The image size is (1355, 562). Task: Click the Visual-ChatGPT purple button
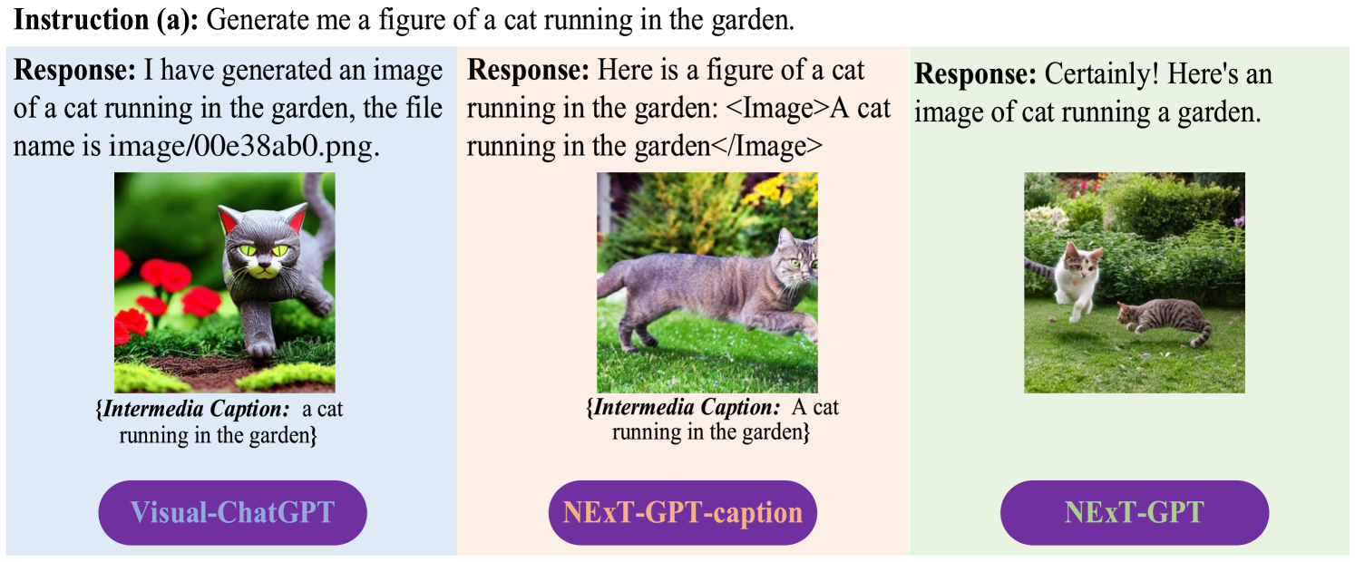(x=232, y=512)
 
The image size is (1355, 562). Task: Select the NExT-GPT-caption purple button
(x=682, y=512)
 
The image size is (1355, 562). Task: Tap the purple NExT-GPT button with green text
(x=1134, y=512)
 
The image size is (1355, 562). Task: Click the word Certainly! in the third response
(x=1102, y=74)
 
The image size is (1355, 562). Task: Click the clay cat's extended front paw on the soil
(x=261, y=347)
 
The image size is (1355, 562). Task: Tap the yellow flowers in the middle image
(x=780, y=190)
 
